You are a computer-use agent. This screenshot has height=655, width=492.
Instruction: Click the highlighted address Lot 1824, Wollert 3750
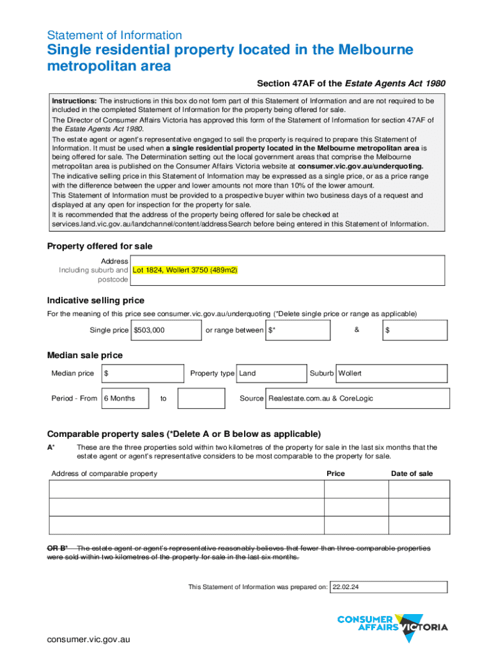pos(185,271)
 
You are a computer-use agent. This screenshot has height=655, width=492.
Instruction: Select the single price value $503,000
pos(149,330)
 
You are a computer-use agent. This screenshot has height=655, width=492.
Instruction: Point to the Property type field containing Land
pos(271,374)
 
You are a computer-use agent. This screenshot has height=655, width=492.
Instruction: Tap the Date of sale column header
pos(412,473)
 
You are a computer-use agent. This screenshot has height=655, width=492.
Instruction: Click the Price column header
pos(335,473)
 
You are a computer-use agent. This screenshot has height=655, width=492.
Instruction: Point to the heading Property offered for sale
pos(100,246)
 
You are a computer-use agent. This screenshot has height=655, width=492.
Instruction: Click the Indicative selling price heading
pos(96,301)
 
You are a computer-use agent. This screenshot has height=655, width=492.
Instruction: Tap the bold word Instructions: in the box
pos(74,101)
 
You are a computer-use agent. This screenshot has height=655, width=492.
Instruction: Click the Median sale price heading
pos(85,356)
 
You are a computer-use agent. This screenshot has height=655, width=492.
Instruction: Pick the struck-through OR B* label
pos(58,548)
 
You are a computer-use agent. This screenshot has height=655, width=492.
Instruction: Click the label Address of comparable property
pos(104,473)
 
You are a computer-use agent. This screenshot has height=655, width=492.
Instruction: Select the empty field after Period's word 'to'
pos(201,399)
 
